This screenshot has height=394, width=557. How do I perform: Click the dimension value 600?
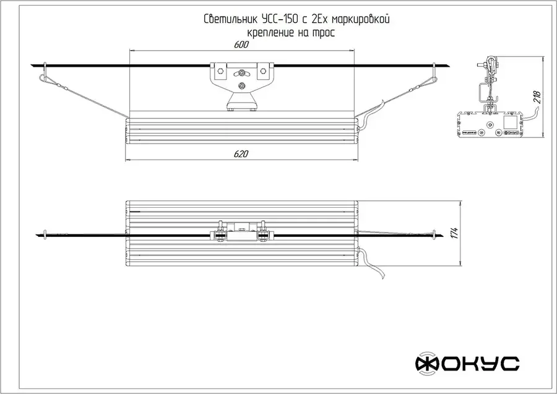tap(241, 45)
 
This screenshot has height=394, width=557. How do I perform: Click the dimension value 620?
tap(241, 154)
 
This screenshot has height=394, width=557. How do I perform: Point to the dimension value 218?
tap(537, 97)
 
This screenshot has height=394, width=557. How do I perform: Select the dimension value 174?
tap(455, 233)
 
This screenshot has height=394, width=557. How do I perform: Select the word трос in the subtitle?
tap(323, 33)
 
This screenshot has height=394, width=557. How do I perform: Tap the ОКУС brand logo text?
tap(478, 364)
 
